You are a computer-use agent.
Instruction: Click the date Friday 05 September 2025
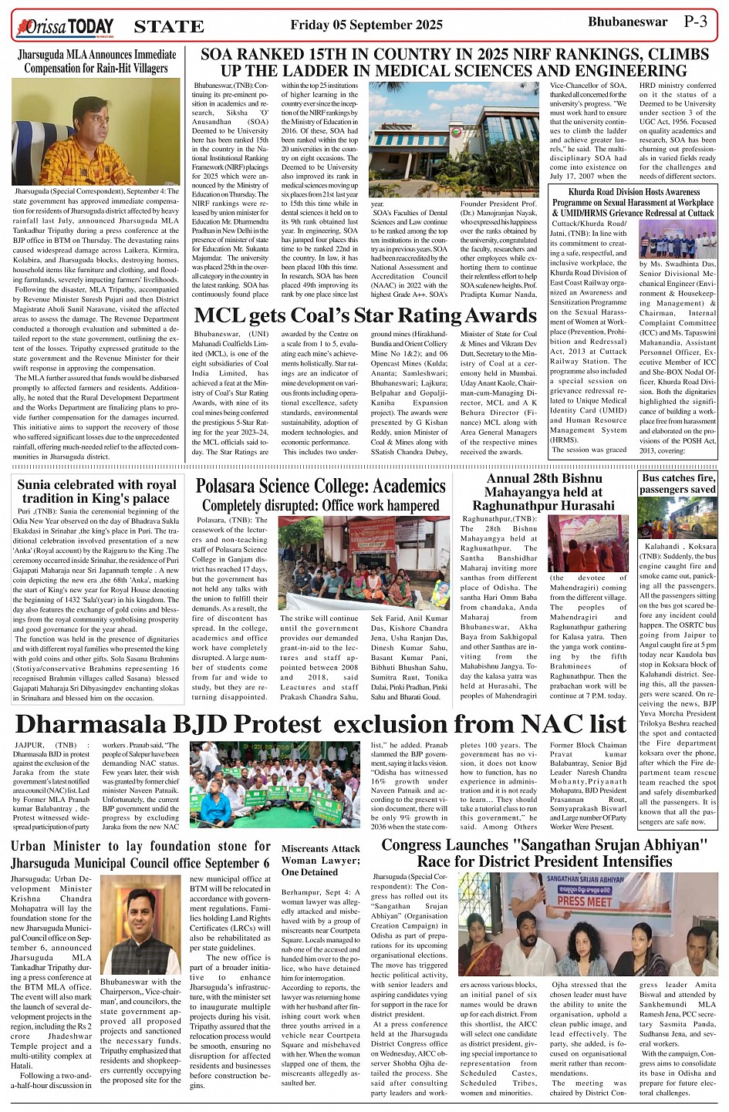tap(366, 25)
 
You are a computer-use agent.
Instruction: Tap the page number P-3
tap(695, 22)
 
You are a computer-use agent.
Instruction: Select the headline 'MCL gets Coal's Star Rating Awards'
tap(365, 315)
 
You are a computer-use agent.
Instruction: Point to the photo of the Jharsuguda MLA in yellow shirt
tap(96, 131)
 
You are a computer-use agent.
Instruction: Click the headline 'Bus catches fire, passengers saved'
tap(677, 484)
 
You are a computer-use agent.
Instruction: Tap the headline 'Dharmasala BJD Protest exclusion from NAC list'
tap(320, 724)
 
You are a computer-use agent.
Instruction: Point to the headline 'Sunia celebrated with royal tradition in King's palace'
tap(96, 491)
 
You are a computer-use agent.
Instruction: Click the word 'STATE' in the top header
tap(169, 27)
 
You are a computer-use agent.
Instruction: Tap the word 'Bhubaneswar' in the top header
tap(627, 22)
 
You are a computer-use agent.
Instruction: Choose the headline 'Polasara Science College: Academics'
tap(320, 486)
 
